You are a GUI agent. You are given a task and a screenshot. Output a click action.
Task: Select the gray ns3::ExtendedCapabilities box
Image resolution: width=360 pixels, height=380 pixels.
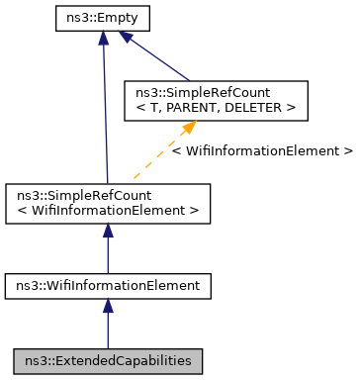[x=108, y=359]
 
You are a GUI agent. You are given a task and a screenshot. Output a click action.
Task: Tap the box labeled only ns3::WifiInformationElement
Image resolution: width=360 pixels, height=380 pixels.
[x=108, y=286]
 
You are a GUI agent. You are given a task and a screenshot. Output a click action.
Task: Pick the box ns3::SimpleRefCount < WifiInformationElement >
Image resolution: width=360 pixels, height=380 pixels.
[x=108, y=202]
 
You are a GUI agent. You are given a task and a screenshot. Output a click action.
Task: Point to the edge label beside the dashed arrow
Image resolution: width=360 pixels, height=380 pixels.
[x=262, y=151]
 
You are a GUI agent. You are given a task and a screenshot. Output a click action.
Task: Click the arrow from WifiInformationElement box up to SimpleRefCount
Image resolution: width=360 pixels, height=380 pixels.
[x=108, y=252]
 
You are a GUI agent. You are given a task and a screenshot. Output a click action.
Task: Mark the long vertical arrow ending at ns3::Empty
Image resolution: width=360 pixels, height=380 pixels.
[x=104, y=109]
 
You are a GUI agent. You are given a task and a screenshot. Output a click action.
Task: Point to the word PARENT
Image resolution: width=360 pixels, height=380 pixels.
[x=197, y=108]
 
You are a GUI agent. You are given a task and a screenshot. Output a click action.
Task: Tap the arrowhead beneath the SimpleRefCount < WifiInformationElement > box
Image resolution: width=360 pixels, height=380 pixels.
[x=108, y=231]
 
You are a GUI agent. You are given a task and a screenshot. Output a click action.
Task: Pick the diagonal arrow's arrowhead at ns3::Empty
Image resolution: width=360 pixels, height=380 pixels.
[x=125, y=36]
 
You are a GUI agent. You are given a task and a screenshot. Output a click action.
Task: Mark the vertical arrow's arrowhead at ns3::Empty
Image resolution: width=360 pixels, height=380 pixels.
[x=103, y=37]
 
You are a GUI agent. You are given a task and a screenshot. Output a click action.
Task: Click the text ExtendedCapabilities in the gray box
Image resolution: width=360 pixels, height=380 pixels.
[x=121, y=359]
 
